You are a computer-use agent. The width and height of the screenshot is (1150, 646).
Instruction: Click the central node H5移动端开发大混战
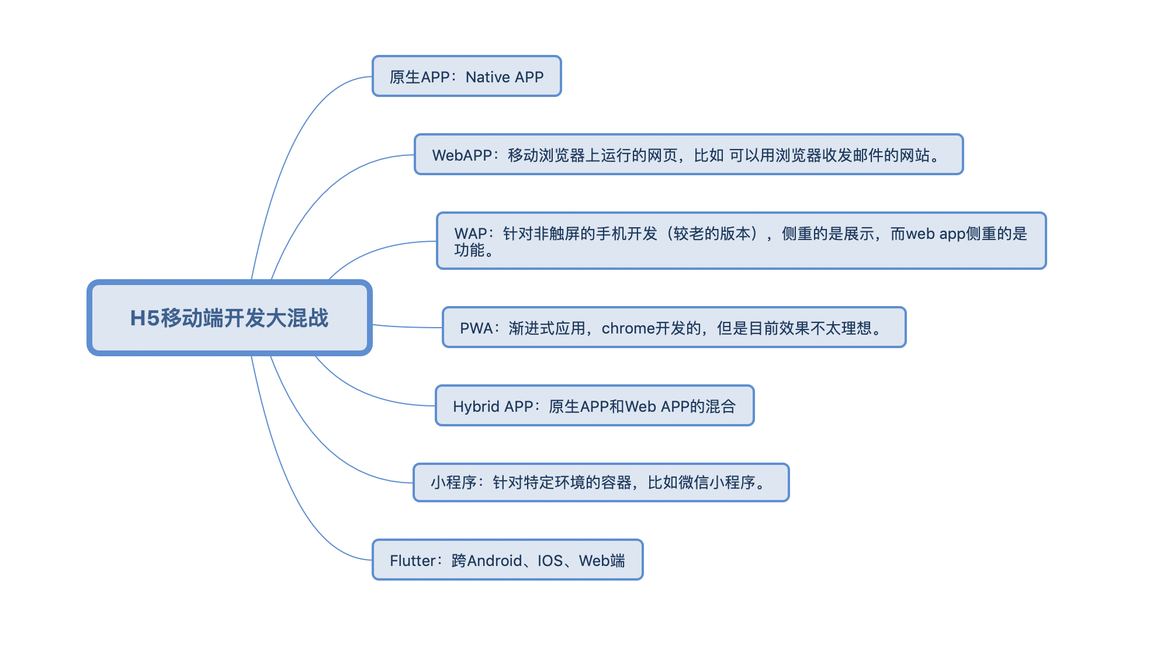(229, 318)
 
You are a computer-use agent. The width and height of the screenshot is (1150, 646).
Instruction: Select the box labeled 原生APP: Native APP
(466, 77)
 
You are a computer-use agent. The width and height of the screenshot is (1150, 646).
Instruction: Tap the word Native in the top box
(488, 77)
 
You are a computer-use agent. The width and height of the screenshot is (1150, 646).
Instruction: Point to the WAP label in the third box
(470, 234)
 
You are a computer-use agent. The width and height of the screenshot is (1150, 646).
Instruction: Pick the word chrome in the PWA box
(628, 328)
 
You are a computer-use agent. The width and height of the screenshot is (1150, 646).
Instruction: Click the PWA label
(476, 328)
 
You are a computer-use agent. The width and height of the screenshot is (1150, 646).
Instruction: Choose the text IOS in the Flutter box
(550, 561)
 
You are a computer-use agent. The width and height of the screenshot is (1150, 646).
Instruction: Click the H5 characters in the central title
(144, 318)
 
